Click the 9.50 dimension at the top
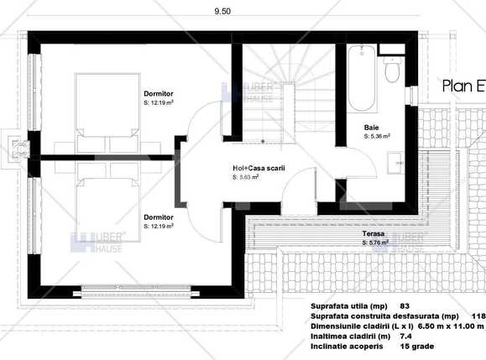222,11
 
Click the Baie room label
370,126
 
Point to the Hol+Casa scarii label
259,168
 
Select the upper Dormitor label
159,94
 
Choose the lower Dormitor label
159,217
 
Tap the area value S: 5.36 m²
379,135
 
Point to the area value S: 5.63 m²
245,177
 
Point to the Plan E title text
462,86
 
